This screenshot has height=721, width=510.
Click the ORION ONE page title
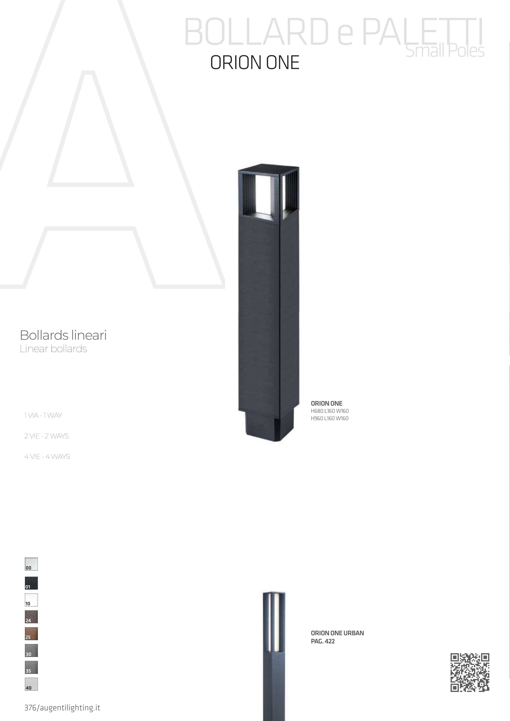click(x=254, y=62)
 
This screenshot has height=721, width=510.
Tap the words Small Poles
click(x=445, y=51)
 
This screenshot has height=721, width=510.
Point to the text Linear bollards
click(x=54, y=349)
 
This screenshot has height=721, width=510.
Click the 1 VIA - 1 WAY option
click(x=43, y=415)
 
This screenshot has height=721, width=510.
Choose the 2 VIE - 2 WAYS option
click(x=47, y=436)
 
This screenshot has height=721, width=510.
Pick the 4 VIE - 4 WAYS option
click(x=47, y=457)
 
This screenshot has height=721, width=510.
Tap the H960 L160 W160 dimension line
click(x=330, y=418)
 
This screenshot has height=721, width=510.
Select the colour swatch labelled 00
click(x=31, y=564)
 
